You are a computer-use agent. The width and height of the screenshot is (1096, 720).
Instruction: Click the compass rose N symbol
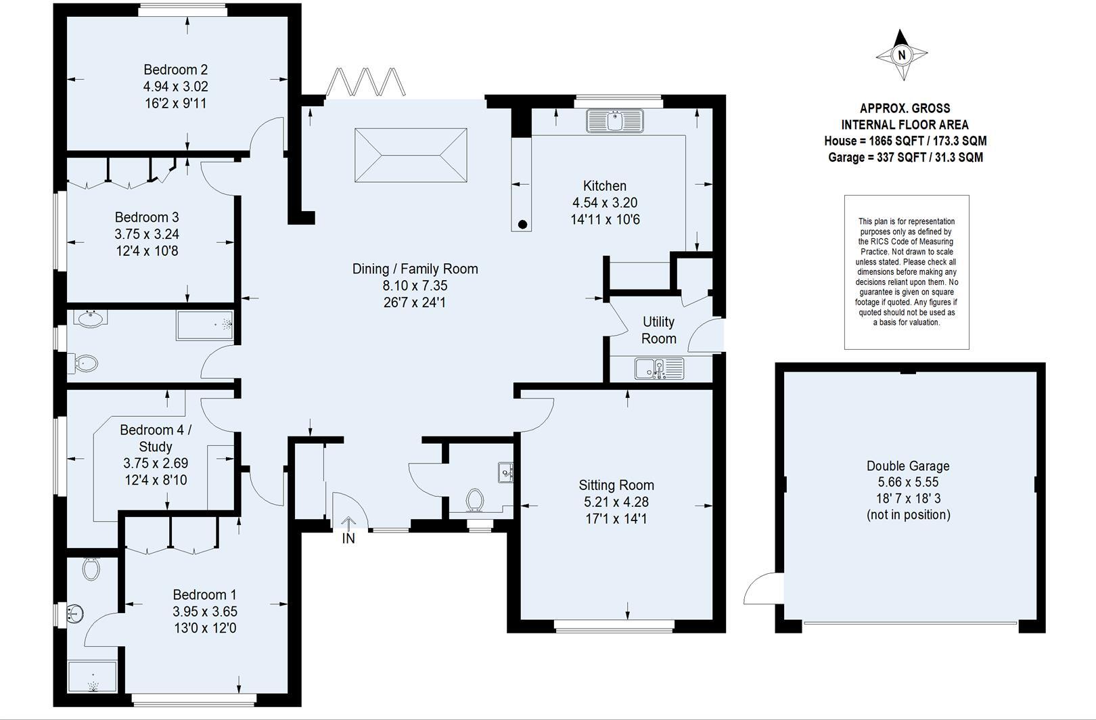pyautogui.click(x=901, y=55)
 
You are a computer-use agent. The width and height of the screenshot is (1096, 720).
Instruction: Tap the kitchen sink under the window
pyautogui.click(x=614, y=121)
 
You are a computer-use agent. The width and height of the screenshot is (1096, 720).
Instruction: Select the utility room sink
pyautogui.click(x=659, y=369)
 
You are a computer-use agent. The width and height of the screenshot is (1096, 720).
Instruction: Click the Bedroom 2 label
pyautogui.click(x=175, y=70)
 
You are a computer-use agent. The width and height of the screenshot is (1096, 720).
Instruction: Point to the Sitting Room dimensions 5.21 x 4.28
pyautogui.click(x=616, y=502)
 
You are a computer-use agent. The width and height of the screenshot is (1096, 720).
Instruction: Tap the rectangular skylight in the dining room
pyautogui.click(x=411, y=155)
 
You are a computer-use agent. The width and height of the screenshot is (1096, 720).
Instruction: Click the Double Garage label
pyautogui.click(x=908, y=466)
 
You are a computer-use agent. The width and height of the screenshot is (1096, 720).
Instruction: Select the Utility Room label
pyautogui.click(x=658, y=330)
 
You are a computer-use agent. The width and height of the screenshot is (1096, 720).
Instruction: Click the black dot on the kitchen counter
pyautogui.click(x=522, y=224)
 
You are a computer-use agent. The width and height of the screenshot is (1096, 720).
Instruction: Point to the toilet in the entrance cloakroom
pyautogui.click(x=476, y=500)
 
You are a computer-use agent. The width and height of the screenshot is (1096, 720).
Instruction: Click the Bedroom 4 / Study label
pyautogui.click(x=156, y=438)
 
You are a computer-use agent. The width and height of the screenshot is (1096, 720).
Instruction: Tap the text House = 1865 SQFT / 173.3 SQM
pyautogui.click(x=905, y=141)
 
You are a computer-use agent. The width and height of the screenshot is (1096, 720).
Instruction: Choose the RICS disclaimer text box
pyautogui.click(x=907, y=272)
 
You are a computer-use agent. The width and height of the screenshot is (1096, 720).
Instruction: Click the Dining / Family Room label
pyautogui.click(x=415, y=269)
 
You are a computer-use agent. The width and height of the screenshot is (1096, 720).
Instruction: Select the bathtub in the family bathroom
pyautogui.click(x=205, y=325)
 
